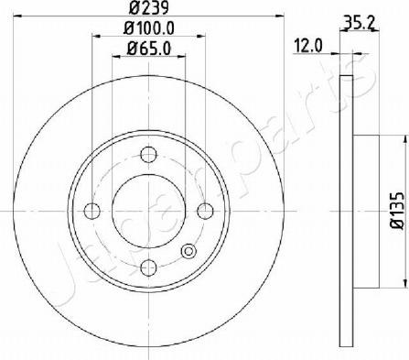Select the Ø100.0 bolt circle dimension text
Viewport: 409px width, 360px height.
pyautogui.click(x=148, y=29)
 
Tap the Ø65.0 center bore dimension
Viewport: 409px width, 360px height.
pyautogui.click(x=148, y=49)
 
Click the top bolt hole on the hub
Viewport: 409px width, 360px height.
pyautogui.click(x=147, y=156)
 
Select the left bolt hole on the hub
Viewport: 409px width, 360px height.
pyautogui.click(x=91, y=211)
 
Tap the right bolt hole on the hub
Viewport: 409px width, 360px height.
pyautogui.click(x=204, y=211)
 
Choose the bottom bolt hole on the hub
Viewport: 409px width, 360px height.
pyautogui.click(x=147, y=267)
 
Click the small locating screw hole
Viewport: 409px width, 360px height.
pyautogui.click(x=189, y=252)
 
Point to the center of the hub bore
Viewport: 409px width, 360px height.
pyautogui.click(x=147, y=211)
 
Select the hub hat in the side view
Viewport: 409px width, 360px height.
pyautogui.click(x=365, y=210)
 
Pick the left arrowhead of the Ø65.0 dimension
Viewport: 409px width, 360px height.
pyautogui.click(x=114, y=57)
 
